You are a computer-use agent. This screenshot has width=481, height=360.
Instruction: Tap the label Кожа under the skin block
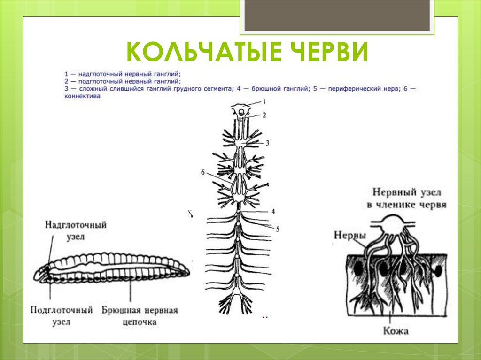click(395, 331)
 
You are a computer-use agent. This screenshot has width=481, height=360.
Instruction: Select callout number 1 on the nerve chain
click(264, 101)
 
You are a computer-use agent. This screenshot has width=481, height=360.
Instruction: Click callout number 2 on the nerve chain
click(264, 115)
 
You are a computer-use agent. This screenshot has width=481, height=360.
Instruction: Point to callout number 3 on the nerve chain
click(267, 142)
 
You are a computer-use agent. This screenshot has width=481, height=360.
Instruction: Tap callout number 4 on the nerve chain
click(272, 212)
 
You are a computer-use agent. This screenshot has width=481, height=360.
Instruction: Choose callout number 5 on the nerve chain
click(278, 229)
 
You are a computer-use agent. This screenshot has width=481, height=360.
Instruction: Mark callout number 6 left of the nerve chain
click(202, 172)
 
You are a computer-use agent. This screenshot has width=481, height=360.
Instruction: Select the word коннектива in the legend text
click(83, 95)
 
